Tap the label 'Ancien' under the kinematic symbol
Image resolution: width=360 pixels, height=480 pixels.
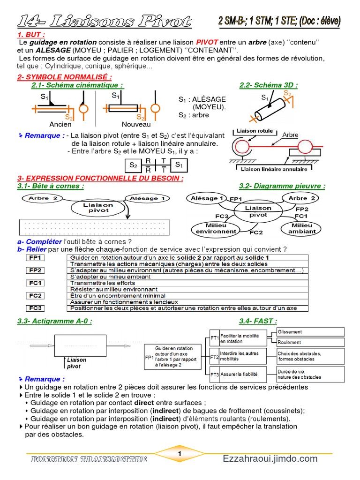[60, 125]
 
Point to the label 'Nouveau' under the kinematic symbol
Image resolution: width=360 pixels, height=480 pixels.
[136, 125]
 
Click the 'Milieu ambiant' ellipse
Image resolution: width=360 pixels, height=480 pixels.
[302, 228]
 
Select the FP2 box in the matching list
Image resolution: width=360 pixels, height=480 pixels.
[36, 270]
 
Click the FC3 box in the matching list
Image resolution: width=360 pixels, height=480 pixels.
[36, 308]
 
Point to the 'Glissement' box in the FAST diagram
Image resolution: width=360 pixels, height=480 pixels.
[310, 332]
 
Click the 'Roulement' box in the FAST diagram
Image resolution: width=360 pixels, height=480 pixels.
[310, 342]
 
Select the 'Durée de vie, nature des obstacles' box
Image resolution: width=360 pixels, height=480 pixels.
[310, 375]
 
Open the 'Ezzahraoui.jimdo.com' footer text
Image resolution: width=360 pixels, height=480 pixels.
[270, 458]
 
